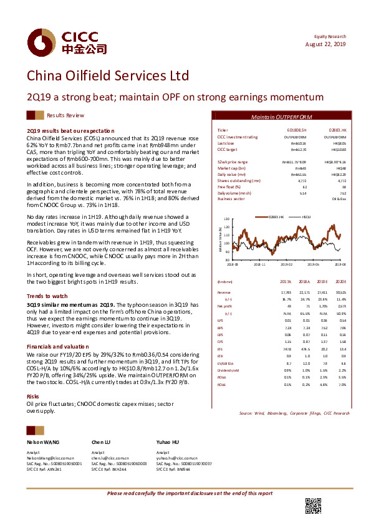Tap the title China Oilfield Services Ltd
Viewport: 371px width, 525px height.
tap(107, 76)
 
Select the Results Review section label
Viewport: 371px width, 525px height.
tap(65, 116)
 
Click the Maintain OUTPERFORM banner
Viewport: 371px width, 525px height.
tap(285, 117)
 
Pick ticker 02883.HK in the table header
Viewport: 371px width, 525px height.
tap(337, 130)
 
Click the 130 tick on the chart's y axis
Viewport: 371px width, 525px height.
tap(227, 219)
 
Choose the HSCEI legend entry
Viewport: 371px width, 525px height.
tap(306, 216)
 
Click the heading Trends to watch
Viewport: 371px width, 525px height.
tap(47, 296)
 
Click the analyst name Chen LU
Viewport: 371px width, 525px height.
tap(102, 441)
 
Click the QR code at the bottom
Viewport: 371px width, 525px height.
tap(314, 506)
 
